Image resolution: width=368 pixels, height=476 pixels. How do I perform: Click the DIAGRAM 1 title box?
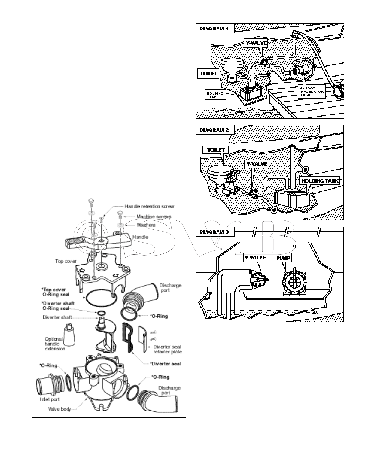(214, 29)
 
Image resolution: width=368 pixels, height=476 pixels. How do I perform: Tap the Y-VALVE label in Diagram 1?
(256, 43)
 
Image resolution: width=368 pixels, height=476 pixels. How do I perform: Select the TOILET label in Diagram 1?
(208, 74)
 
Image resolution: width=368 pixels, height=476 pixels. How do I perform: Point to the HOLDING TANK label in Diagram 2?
(320, 181)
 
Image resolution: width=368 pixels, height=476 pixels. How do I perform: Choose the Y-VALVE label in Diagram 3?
(255, 258)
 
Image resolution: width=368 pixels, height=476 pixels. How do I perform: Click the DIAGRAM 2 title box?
(214, 130)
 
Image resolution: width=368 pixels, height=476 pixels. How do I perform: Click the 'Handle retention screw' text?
(149, 206)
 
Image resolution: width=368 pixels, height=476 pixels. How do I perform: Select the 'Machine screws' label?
(154, 217)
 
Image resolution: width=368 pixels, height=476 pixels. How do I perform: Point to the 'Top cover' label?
(66, 261)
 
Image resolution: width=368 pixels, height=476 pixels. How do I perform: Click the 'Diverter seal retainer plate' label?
(167, 349)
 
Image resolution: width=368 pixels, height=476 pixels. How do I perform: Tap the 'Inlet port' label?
(50, 399)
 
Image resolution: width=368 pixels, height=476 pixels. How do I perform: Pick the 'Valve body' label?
(59, 409)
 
